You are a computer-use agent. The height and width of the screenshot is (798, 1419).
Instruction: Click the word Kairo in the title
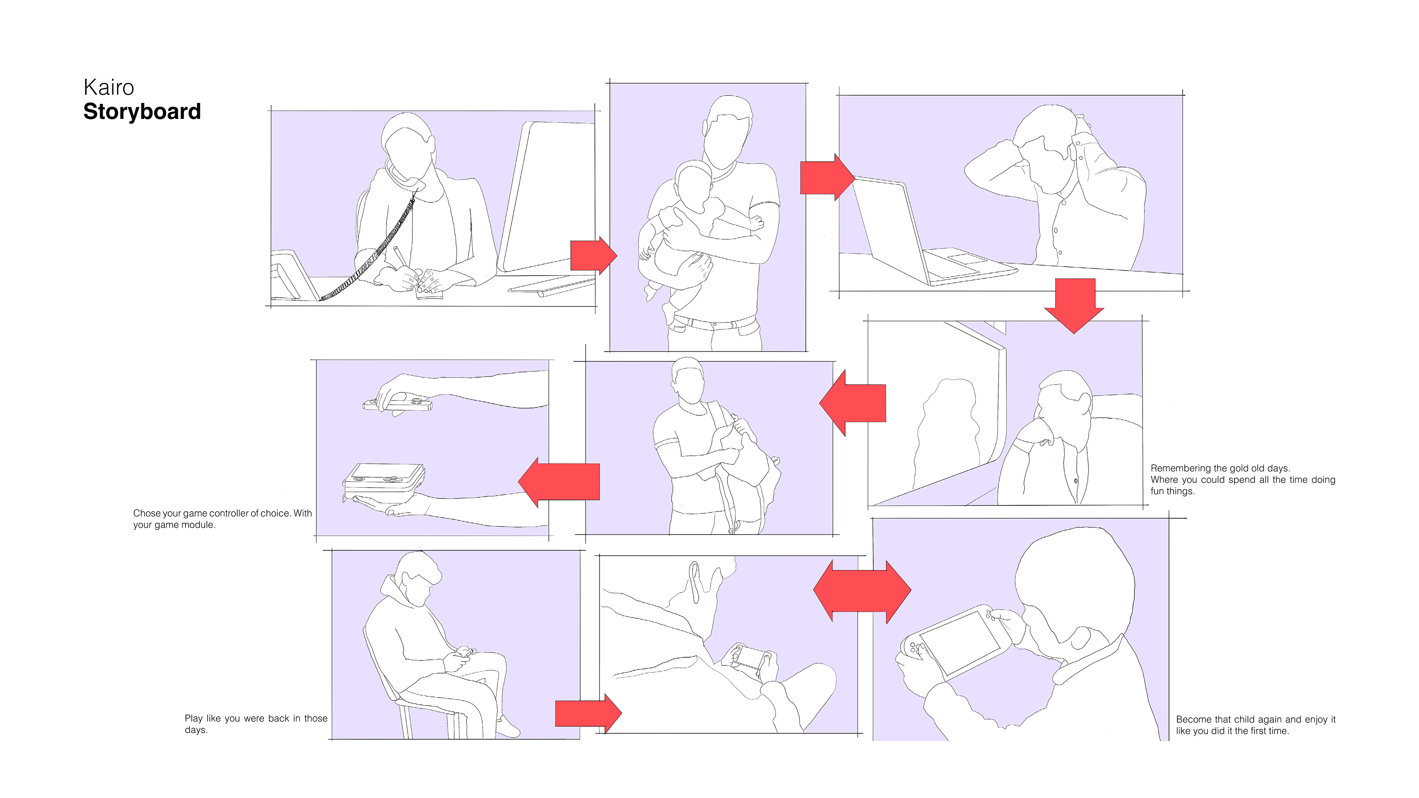click(x=109, y=87)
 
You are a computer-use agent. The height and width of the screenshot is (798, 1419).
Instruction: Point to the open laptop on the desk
click(x=931, y=231)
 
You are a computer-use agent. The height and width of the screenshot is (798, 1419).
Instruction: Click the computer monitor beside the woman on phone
click(x=545, y=198)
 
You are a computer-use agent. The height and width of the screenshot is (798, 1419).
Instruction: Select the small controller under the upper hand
click(x=398, y=405)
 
